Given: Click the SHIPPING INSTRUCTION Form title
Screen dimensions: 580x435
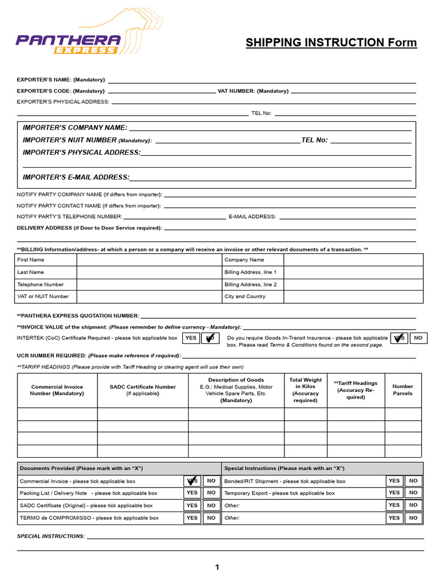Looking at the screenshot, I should tap(331, 43).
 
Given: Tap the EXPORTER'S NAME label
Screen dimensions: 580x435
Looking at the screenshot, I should tap(61, 80).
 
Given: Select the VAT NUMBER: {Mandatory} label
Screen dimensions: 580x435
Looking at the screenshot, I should tap(253, 91).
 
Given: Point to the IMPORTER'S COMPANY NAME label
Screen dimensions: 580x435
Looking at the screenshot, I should tap(75, 128).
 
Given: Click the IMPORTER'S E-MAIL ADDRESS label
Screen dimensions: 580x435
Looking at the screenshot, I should tap(76, 177).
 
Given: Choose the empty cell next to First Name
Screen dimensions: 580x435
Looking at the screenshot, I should tap(148, 260).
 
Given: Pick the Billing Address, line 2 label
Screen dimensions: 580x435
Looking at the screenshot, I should tap(250, 284).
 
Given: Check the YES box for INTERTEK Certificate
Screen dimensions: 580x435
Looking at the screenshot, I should tap(191, 338).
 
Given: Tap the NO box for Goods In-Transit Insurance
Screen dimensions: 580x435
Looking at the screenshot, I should tap(419, 338).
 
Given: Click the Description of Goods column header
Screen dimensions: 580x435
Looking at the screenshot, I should tap(236, 390).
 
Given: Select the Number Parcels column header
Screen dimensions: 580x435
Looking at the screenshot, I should tap(403, 390).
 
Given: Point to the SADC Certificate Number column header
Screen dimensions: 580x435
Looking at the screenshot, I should tap(143, 390).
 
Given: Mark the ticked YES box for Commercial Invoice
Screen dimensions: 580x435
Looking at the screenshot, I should tap(193, 481).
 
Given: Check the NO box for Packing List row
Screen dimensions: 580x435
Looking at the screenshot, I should tap(211, 493).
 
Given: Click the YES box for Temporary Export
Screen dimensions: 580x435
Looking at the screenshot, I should tap(394, 493).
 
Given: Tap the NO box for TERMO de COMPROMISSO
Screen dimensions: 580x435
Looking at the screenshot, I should tap(211, 518).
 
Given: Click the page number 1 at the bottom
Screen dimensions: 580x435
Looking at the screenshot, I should tap(217, 567).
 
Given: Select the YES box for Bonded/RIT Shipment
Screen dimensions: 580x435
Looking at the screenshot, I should tap(394, 481).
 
